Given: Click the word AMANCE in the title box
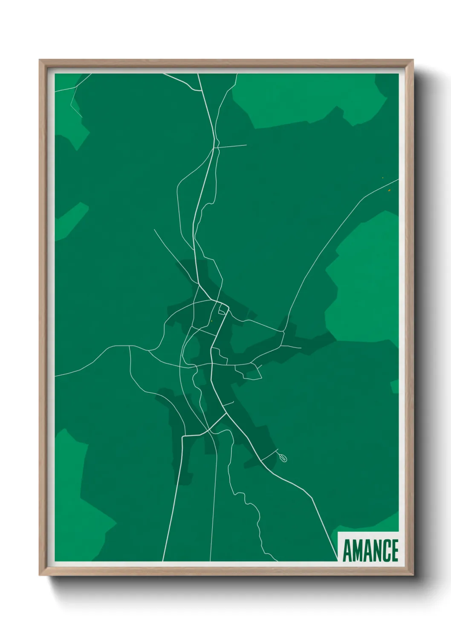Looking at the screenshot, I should (x=370, y=550).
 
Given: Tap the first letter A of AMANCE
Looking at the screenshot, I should (x=347, y=550).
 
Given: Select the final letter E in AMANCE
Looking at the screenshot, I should (x=394, y=550).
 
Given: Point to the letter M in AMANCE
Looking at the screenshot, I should (x=357, y=550).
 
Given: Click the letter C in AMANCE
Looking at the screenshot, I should (x=385, y=550).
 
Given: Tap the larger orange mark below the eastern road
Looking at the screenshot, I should (x=389, y=190).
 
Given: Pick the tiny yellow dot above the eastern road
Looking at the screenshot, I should (x=382, y=178).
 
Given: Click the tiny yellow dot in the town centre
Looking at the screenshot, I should (x=211, y=321).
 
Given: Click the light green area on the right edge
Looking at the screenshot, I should (x=367, y=281).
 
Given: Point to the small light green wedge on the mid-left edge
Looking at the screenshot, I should (x=70, y=220).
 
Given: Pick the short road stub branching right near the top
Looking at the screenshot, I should (x=232, y=146).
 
